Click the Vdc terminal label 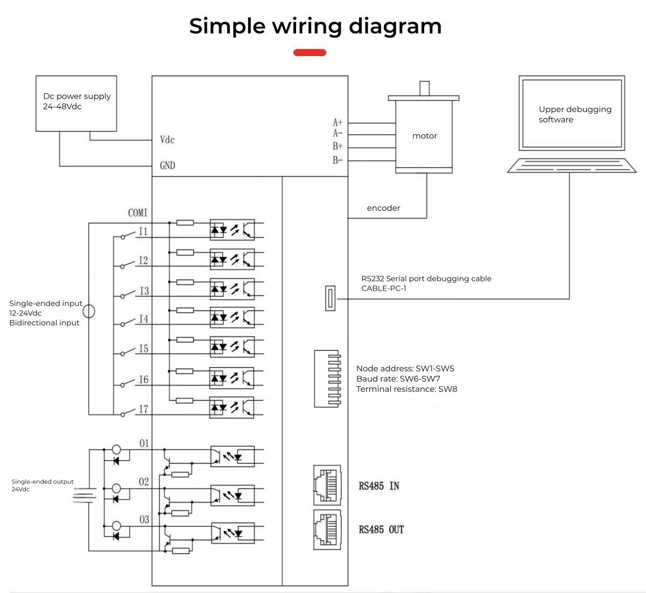point(167,140)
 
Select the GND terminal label point(167,166)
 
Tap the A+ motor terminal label point(338,123)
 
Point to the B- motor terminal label point(338,160)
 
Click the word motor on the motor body point(425,136)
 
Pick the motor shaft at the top point(424,88)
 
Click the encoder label point(383,208)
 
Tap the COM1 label point(138,213)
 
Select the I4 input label point(143,319)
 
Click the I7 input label point(143,410)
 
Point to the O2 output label point(144,482)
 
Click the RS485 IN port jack point(327,485)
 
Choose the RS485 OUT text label point(381,530)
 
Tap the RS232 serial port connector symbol point(331,298)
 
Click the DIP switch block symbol point(327,378)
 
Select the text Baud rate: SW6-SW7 point(398,379)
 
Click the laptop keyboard point(571,166)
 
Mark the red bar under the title point(310,52)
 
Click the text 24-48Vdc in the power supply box point(62,107)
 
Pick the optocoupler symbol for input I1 point(231,230)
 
